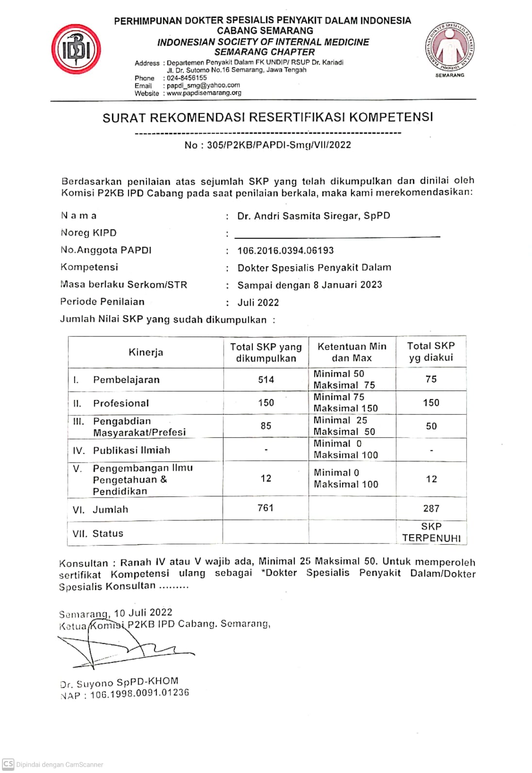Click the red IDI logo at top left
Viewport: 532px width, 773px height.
click(x=76, y=50)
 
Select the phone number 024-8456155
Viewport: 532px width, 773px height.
click(x=187, y=78)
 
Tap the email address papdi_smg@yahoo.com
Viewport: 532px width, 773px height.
click(x=203, y=85)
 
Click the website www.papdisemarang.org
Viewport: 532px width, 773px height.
click(x=204, y=93)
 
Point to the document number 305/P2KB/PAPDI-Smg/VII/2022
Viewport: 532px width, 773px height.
click(x=279, y=145)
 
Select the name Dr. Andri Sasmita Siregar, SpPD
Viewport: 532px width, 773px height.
click(x=314, y=216)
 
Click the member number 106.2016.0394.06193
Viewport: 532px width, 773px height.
click(x=285, y=251)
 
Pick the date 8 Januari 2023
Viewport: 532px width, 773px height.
click(x=348, y=285)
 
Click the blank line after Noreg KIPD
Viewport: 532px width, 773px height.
click(x=337, y=236)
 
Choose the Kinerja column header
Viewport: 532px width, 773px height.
click(x=146, y=352)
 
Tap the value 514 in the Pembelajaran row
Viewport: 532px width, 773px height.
click(x=266, y=380)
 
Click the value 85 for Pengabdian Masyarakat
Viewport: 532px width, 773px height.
click(x=266, y=426)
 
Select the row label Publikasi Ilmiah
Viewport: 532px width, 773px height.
click(x=132, y=450)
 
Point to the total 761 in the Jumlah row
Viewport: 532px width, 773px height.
click(x=266, y=508)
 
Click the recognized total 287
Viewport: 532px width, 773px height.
click(x=431, y=508)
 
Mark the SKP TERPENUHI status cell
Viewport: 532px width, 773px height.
click(x=431, y=532)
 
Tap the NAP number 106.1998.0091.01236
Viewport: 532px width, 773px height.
click(x=139, y=694)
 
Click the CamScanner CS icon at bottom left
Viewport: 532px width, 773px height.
click(x=8, y=764)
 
